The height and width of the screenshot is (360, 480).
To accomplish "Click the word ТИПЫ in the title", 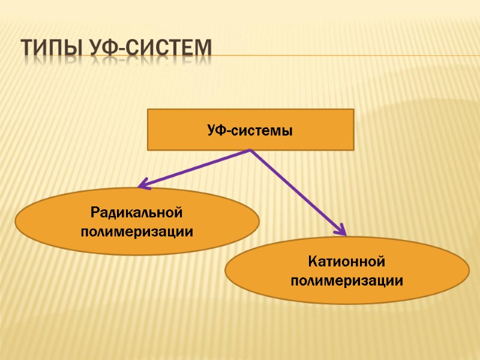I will (x=51, y=47).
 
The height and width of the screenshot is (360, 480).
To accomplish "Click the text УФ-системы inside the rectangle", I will (x=250, y=130).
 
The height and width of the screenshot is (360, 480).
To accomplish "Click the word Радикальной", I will (x=137, y=212).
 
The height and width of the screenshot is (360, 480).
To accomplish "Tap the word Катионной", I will (x=347, y=262).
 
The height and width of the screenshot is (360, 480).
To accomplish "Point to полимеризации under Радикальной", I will (x=137, y=231).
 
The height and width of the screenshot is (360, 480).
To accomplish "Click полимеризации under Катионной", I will (x=347, y=280).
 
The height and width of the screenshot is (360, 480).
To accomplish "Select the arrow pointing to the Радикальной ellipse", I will (x=192, y=169).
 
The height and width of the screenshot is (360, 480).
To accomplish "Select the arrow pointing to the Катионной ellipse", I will (x=297, y=191).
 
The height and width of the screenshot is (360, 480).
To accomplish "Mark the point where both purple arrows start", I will (x=250, y=150).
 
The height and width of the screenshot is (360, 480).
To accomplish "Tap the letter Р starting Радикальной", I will (x=95, y=212).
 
